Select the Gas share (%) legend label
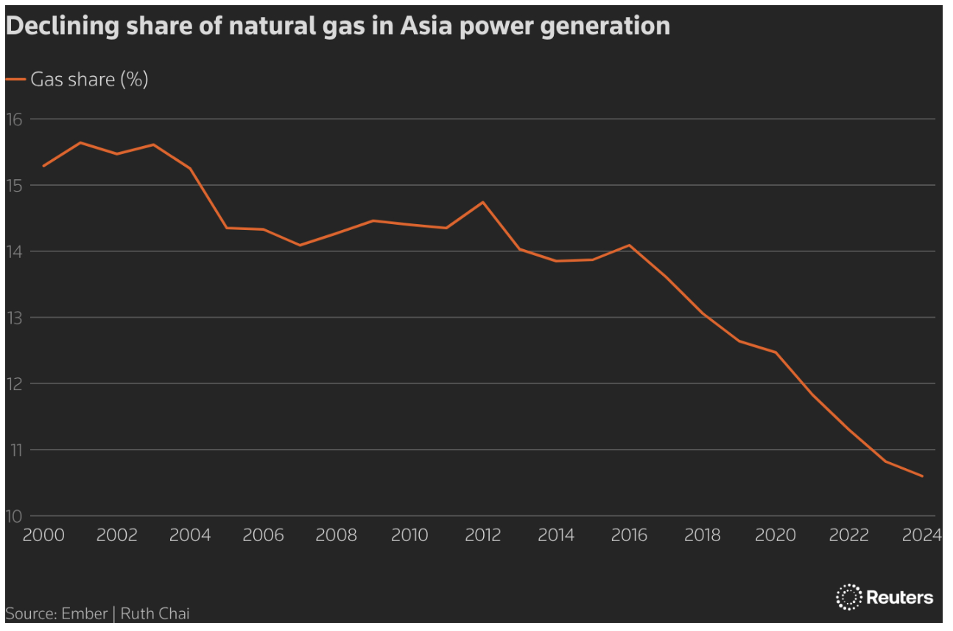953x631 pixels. click(89, 80)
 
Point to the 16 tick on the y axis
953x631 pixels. click(14, 119)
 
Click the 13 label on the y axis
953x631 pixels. click(14, 317)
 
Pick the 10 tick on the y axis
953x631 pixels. click(14, 515)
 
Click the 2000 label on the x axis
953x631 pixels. click(43, 535)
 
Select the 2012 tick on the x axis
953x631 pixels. click(483, 535)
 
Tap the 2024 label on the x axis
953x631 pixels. click(922, 535)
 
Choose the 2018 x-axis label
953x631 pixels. click(703, 535)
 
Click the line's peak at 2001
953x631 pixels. click(80, 142)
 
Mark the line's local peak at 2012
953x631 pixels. click(483, 202)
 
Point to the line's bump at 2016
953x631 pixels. click(630, 245)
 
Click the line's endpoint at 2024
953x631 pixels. click(922, 476)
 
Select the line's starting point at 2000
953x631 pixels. click(43, 166)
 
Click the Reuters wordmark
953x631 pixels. click(899, 597)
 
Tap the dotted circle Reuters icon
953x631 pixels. click(849, 596)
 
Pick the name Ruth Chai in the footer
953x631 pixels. click(155, 613)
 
